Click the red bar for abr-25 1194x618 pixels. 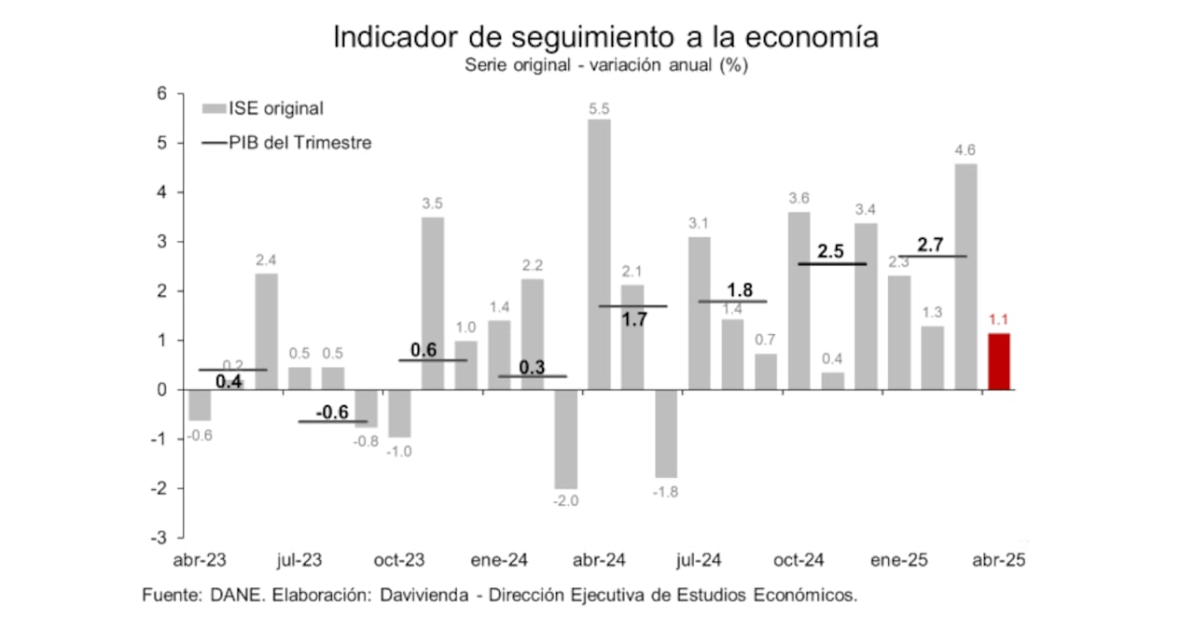(999, 362)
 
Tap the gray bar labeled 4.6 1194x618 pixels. (965, 276)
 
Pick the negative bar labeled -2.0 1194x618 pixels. (565, 439)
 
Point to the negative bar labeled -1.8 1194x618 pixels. (666, 433)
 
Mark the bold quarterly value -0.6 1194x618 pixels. (332, 412)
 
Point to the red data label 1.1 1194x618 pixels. (999, 319)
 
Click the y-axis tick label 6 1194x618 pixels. (161, 93)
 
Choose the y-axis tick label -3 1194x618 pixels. (158, 539)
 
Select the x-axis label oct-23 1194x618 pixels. (398, 560)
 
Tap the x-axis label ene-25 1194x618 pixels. (899, 560)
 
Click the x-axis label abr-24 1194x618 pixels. (599, 560)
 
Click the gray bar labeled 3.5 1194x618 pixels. (432, 303)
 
